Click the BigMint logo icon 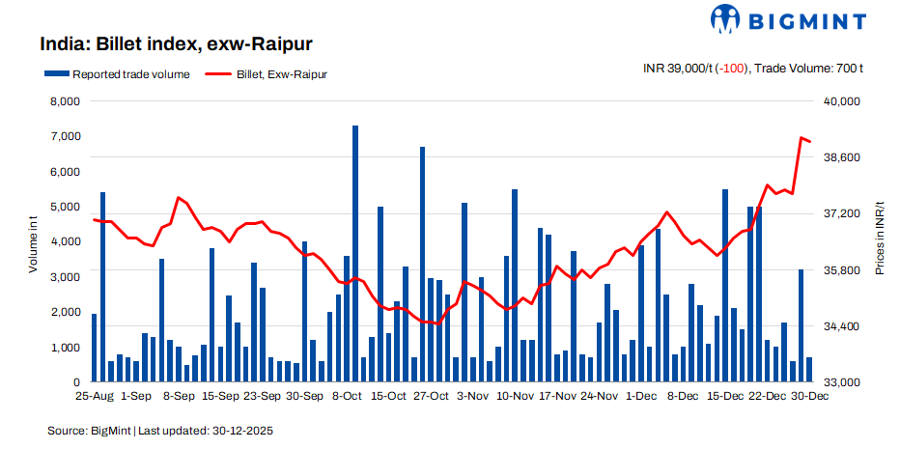[x=727, y=18]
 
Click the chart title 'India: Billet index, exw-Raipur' [x=176, y=44]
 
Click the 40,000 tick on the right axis [x=839, y=101]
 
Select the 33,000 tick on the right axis [x=839, y=382]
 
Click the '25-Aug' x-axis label [x=95, y=396]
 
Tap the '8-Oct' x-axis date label [x=347, y=396]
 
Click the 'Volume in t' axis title [x=34, y=242]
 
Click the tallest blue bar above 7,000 [x=355, y=251]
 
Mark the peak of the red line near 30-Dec [x=802, y=138]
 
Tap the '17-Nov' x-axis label [x=557, y=396]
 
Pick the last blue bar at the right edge [x=809, y=370]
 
